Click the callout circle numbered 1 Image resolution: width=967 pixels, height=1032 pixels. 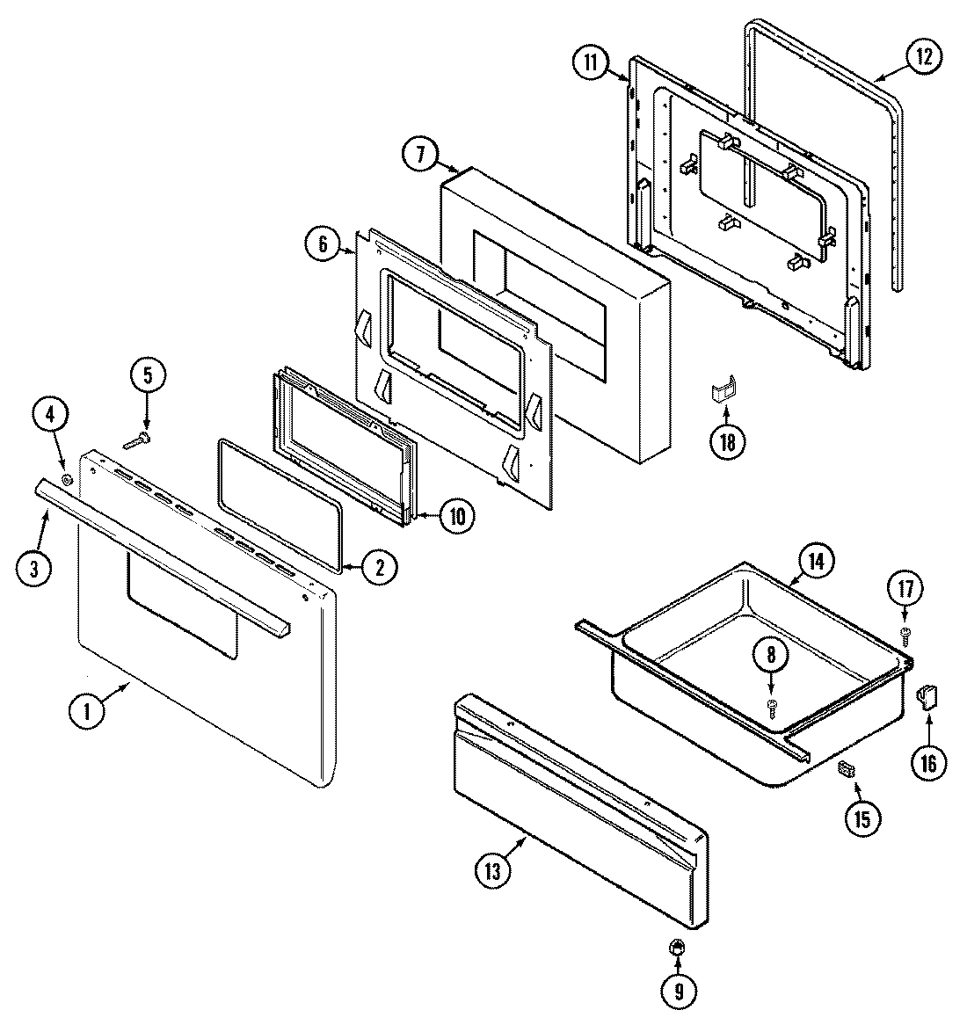tap(87, 711)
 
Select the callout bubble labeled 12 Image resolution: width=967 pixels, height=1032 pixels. tap(922, 57)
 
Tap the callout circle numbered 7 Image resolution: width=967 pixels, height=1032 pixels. tap(420, 154)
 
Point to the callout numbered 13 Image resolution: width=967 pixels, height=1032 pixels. tap(492, 871)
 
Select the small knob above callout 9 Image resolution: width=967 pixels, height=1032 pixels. tap(676, 947)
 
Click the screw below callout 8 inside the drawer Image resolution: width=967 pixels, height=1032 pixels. tap(772, 707)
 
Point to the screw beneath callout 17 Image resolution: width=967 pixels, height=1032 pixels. tap(905, 632)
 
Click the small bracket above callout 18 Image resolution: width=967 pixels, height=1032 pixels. tap(722, 391)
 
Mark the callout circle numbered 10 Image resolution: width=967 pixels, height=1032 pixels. tap(456, 516)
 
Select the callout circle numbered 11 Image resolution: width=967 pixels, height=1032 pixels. tap(592, 62)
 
